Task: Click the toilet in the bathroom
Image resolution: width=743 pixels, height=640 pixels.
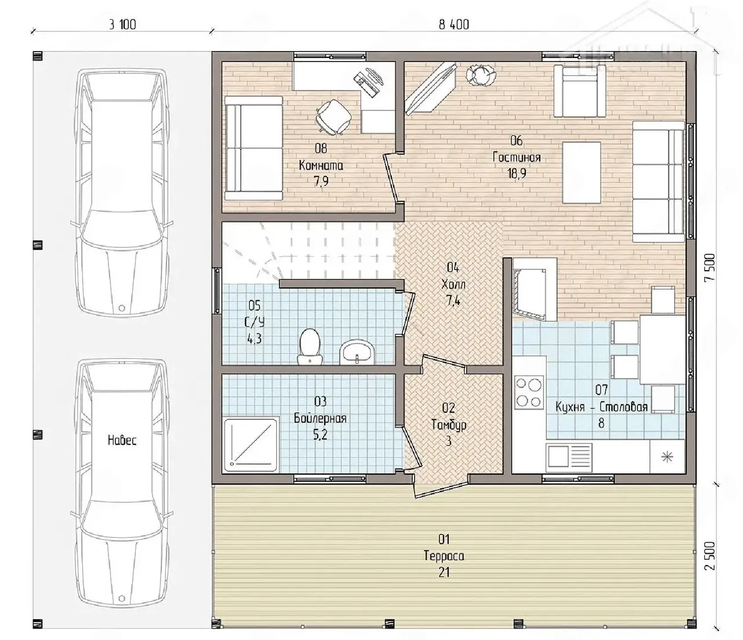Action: (309, 347)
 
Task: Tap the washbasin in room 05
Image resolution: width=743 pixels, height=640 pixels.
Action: (357, 353)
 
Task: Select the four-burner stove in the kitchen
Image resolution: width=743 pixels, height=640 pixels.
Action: (529, 393)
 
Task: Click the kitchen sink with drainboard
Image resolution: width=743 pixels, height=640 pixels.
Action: (569, 457)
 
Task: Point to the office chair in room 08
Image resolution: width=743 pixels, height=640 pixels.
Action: (333, 117)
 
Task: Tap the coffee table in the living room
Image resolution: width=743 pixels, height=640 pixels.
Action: (582, 172)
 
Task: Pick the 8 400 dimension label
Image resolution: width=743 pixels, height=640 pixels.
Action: (453, 24)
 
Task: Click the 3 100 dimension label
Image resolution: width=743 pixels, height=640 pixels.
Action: (122, 24)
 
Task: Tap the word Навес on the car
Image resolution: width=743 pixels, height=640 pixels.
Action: (122, 440)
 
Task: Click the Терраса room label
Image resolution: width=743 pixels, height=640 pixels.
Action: (444, 556)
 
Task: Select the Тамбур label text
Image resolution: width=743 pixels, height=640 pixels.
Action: (449, 425)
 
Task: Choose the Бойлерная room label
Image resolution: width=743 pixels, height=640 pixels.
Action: (320, 418)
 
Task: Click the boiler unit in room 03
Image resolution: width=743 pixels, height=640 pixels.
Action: (251, 444)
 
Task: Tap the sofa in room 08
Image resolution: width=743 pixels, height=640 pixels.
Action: (254, 148)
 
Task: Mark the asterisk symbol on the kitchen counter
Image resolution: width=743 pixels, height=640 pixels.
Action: (667, 457)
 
